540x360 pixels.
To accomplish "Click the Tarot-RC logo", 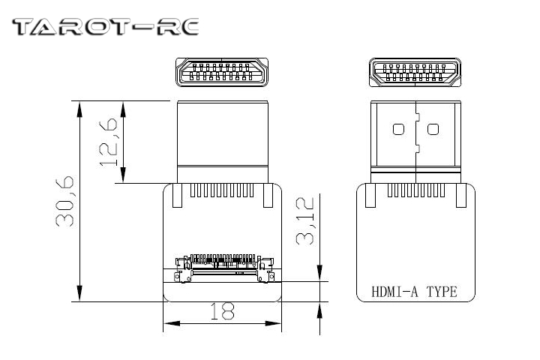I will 105,28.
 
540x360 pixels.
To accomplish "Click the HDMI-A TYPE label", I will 414,292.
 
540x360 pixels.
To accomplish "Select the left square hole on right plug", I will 397,129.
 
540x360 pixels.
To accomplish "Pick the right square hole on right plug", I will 432,129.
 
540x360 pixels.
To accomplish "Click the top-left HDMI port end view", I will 222,73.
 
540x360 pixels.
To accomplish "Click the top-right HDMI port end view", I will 414,73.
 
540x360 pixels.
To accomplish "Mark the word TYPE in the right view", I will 442,292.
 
